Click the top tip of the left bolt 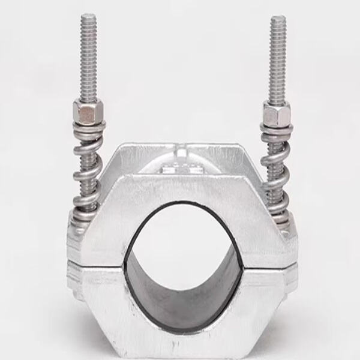[x=88, y=16]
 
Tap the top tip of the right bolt [x=278, y=18]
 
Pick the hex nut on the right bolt [x=277, y=113]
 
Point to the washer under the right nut [x=277, y=128]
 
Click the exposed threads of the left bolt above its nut [x=88, y=60]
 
